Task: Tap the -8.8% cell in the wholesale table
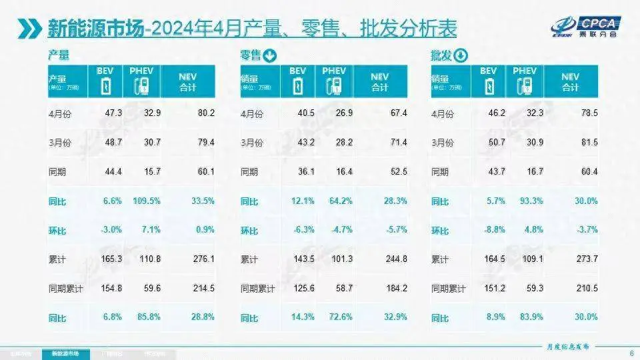(490, 230)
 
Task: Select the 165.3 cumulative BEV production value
(109, 259)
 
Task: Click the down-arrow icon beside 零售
(269, 55)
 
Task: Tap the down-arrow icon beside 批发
(461, 55)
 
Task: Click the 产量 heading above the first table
(59, 55)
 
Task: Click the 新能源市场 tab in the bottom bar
(66, 353)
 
